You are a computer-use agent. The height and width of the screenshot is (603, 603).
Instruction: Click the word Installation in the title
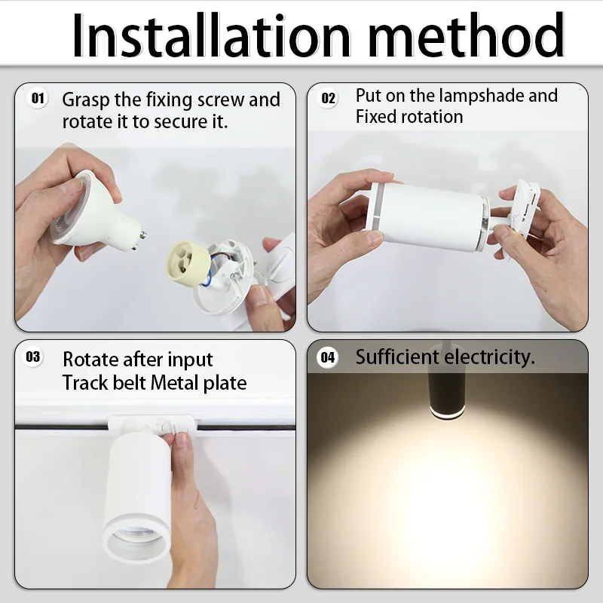[x=211, y=35]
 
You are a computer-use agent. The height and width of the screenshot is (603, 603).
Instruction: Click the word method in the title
[x=467, y=35]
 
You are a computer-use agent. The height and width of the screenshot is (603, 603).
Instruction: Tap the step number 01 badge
[x=38, y=99]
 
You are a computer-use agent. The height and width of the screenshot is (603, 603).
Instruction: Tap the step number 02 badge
[x=328, y=98]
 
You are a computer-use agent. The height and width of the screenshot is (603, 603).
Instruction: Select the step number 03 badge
[x=33, y=357]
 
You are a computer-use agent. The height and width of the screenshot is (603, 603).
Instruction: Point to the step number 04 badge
[x=328, y=357]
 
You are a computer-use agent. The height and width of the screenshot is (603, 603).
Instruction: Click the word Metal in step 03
[x=174, y=383]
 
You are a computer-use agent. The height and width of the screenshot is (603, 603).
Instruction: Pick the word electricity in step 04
[x=489, y=357]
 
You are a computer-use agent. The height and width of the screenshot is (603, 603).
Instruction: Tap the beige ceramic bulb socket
[x=188, y=262]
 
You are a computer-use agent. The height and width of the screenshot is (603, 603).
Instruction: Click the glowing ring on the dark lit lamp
[x=446, y=415]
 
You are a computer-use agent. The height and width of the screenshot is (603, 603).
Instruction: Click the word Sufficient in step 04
[x=397, y=357]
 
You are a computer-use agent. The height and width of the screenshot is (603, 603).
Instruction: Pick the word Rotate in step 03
[x=90, y=360]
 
